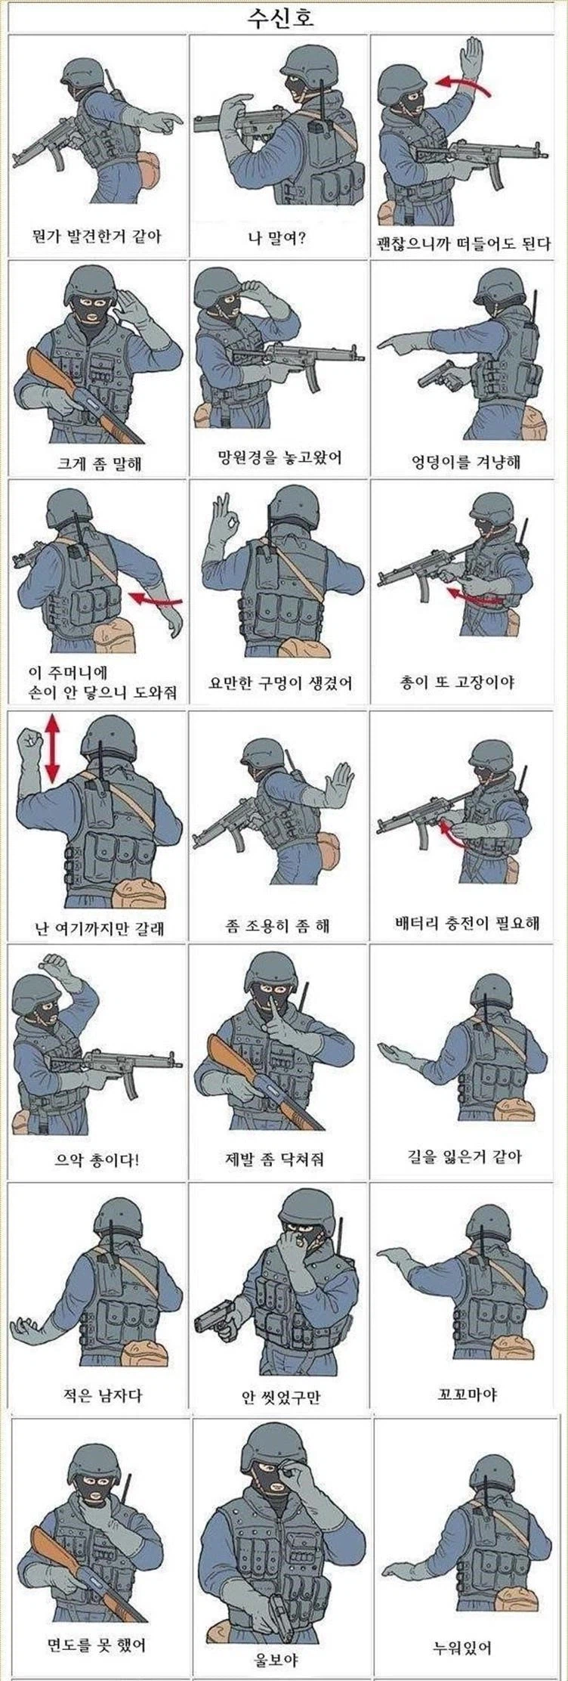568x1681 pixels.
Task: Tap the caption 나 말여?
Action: (276, 240)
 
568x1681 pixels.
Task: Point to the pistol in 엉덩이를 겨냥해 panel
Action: (439, 375)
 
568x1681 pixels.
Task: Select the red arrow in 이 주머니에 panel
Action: (156, 599)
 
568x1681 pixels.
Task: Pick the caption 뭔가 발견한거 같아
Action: (98, 237)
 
